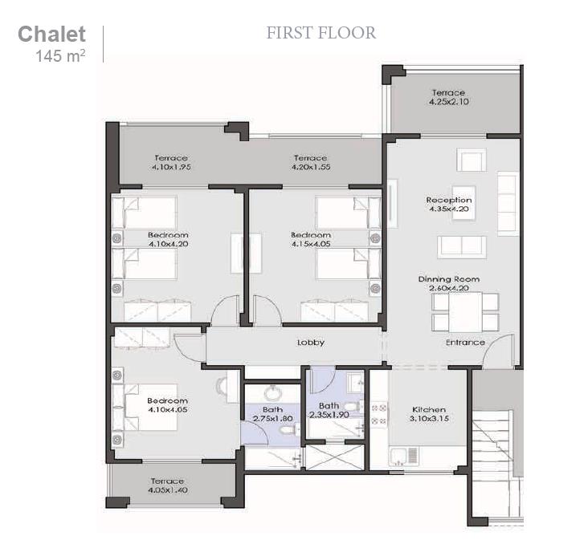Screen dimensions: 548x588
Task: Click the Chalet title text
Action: click(x=51, y=35)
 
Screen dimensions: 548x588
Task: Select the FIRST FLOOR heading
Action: click(x=321, y=33)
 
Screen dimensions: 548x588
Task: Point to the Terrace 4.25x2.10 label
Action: click(x=447, y=98)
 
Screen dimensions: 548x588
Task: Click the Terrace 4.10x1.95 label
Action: click(x=170, y=163)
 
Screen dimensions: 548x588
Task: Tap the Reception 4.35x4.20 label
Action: click(x=449, y=205)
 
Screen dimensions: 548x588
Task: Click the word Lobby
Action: click(x=311, y=343)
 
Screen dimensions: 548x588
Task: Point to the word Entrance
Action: click(x=465, y=343)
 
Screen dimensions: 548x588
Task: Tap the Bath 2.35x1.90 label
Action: click(x=329, y=410)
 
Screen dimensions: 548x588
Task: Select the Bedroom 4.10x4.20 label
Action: click(x=168, y=240)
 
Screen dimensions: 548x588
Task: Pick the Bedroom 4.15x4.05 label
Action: click(x=311, y=240)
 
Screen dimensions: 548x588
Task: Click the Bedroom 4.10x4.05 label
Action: click(x=167, y=405)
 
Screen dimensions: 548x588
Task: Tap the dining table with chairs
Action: click(x=457, y=312)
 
